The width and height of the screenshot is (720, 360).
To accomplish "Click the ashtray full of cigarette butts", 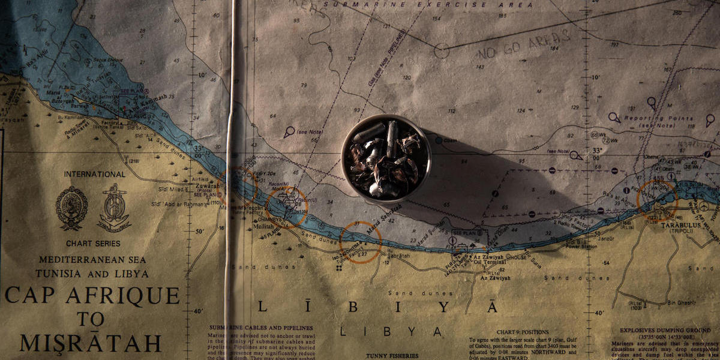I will (386, 158).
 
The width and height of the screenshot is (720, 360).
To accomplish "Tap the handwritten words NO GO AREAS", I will (524, 46).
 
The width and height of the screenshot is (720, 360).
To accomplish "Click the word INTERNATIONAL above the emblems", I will (95, 175).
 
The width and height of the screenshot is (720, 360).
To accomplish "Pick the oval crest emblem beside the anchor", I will (71, 208).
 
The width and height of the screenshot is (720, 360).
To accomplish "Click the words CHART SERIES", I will (93, 244).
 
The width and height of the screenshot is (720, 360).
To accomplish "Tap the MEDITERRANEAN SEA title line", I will (93, 260).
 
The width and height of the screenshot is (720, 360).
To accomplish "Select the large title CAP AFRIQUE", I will (93, 295).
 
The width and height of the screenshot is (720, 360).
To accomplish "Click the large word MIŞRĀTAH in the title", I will (91, 343).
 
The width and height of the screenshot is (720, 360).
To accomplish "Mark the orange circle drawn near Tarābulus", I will (656, 198).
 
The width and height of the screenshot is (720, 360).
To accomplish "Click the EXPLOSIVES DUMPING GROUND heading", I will (664, 330).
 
